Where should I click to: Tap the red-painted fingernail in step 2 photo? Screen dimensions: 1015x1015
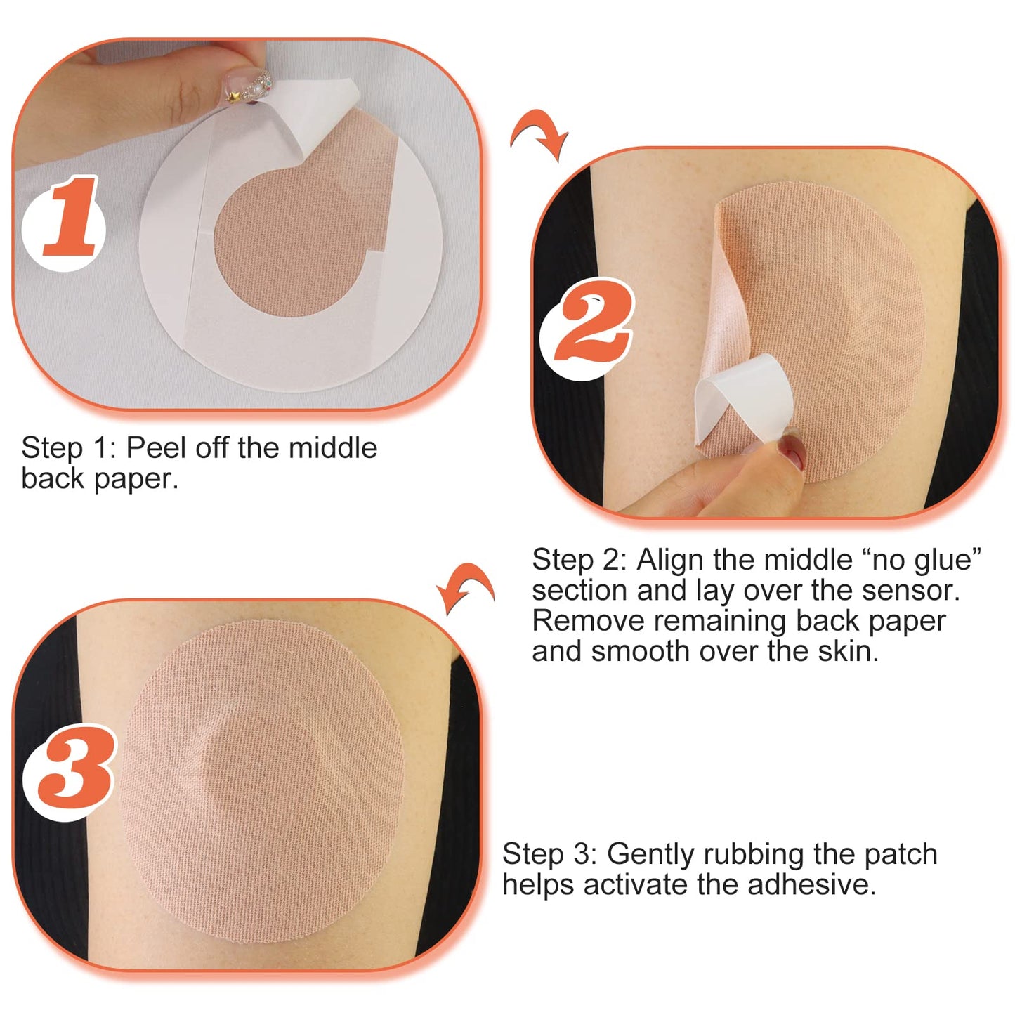click(x=793, y=451)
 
